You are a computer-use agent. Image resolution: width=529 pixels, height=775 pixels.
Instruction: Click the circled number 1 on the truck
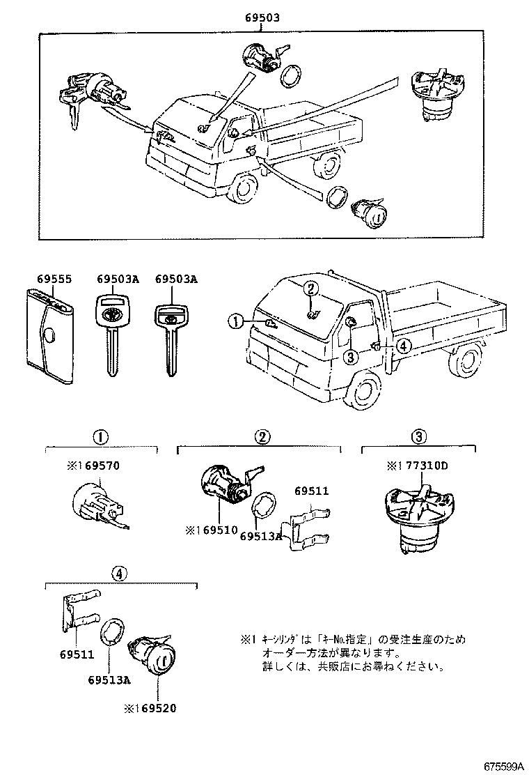(237, 321)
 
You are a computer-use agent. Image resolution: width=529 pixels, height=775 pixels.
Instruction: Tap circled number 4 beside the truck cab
(403, 344)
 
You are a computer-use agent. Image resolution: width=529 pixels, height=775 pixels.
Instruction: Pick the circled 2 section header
(261, 438)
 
